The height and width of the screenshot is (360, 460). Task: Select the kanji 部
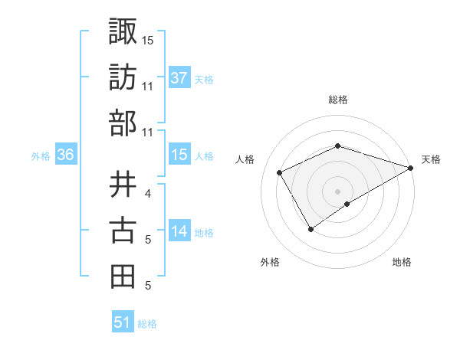coord(123,123)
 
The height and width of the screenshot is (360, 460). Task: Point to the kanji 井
coord(123,183)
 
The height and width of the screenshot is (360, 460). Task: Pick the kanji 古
coord(123,230)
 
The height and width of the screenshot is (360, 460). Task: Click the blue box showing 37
coord(179,77)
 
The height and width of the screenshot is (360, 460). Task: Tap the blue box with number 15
coord(179,155)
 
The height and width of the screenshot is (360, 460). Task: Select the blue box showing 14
coord(179,231)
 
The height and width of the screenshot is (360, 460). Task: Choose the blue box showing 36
coord(66,155)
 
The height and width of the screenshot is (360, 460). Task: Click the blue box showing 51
coord(123,322)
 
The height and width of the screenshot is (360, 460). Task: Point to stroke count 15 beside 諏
coord(148,40)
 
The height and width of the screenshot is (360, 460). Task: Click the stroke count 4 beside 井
coord(148,193)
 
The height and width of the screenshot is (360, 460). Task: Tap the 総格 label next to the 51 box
coord(147,324)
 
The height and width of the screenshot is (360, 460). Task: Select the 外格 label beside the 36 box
coord(41,156)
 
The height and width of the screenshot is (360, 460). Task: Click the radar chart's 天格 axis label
coord(431,159)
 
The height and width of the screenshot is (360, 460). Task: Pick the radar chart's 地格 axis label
coord(402,262)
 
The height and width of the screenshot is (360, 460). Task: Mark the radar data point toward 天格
coord(411,168)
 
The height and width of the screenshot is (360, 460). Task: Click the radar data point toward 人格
coord(280,172)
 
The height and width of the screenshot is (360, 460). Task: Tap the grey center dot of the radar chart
coord(337,191)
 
